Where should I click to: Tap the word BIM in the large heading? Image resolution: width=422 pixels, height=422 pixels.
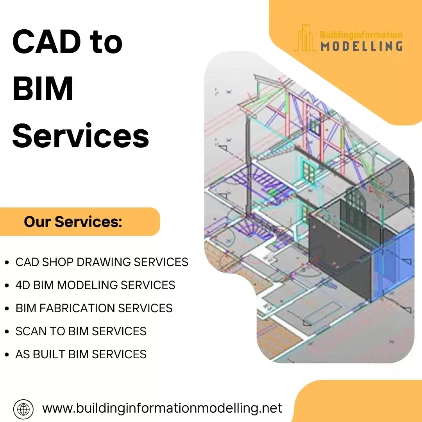(43, 89)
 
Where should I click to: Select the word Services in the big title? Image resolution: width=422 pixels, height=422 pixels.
(81, 136)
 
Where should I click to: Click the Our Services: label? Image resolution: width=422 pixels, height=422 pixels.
(73, 222)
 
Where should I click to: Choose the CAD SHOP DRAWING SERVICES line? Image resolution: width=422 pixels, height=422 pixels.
(102, 262)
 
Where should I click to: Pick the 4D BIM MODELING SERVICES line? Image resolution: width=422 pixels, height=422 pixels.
(95, 285)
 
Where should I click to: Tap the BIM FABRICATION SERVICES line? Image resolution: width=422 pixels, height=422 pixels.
(94, 308)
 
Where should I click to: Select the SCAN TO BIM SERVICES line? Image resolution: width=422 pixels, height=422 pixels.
(81, 331)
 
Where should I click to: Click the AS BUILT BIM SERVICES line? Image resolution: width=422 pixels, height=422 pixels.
(81, 354)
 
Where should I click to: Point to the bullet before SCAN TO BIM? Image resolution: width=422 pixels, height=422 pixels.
(7, 332)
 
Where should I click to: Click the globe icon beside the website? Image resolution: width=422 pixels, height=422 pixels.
(23, 409)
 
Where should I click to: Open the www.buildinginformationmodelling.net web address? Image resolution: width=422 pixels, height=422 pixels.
(162, 408)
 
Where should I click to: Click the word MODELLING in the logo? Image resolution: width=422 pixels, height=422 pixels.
(361, 46)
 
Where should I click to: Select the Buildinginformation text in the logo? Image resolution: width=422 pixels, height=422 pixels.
(361, 34)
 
